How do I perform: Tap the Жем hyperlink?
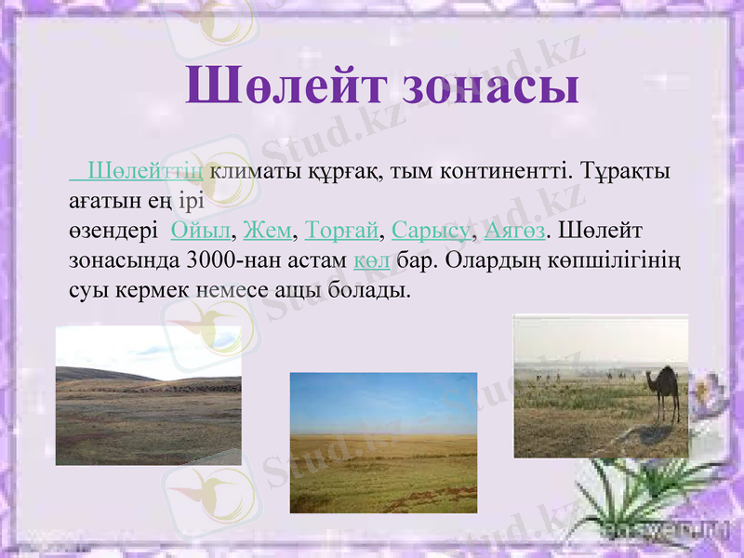coord(267,229)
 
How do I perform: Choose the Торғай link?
coord(342,229)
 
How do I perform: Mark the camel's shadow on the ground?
coord(651,432)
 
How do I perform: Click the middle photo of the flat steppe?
coord(383,443)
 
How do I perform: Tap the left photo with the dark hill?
coord(148,395)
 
